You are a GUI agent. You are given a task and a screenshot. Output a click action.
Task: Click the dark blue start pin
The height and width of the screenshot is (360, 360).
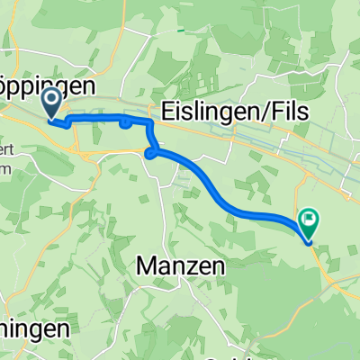(x=51, y=103)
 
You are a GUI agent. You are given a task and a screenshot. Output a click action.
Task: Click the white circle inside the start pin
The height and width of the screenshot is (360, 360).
(x=51, y=99)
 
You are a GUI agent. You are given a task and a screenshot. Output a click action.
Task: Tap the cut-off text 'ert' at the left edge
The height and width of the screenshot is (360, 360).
(x=6, y=148)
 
